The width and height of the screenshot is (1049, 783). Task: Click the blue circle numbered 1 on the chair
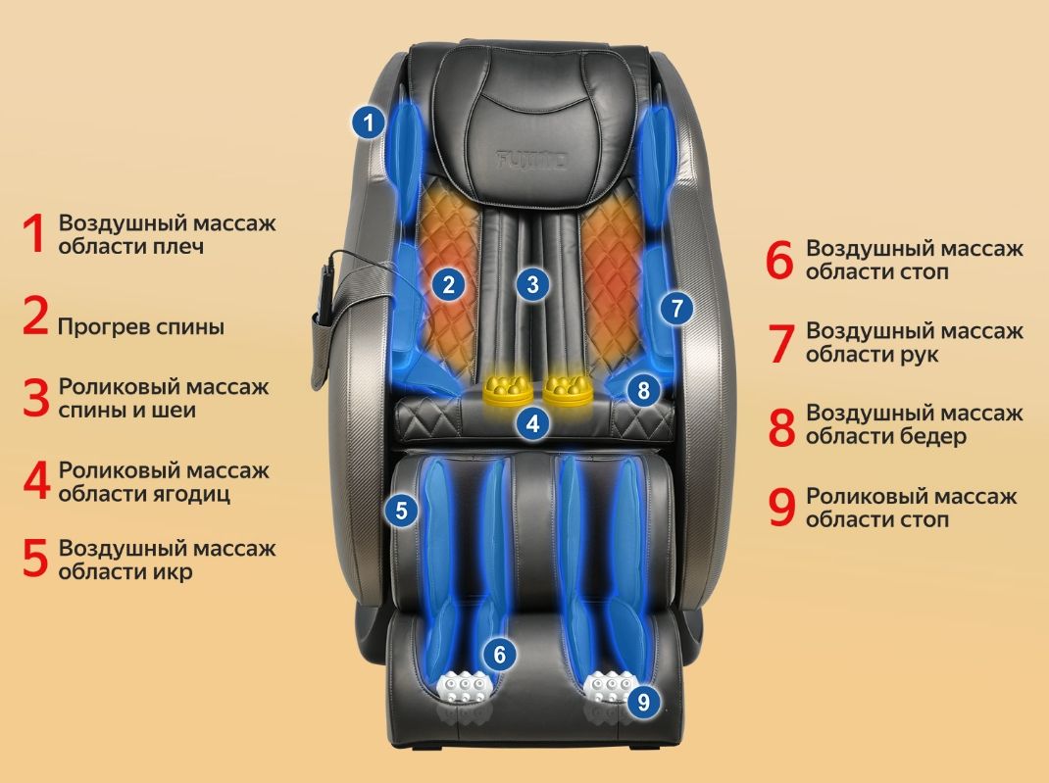click(x=368, y=122)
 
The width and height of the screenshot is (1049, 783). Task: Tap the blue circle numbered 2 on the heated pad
click(x=448, y=285)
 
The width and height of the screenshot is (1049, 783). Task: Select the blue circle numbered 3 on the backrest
click(x=532, y=285)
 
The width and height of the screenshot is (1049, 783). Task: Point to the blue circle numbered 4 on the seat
click(x=532, y=423)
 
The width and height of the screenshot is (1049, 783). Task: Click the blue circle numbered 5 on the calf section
click(x=401, y=511)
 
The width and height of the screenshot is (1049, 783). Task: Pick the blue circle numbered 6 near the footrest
click(x=500, y=654)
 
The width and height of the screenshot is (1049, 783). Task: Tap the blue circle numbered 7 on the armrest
click(x=677, y=309)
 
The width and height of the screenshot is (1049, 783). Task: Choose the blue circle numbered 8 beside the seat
click(x=643, y=390)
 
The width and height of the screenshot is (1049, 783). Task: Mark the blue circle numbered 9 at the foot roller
click(x=643, y=701)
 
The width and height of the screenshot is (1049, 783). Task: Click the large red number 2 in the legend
click(x=36, y=316)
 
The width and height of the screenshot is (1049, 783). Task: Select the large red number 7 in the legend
click(x=780, y=344)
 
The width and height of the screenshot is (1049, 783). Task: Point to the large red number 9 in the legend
click(x=781, y=509)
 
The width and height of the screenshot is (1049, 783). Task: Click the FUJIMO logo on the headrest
click(x=532, y=161)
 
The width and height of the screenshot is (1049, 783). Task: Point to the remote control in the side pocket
click(x=325, y=294)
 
